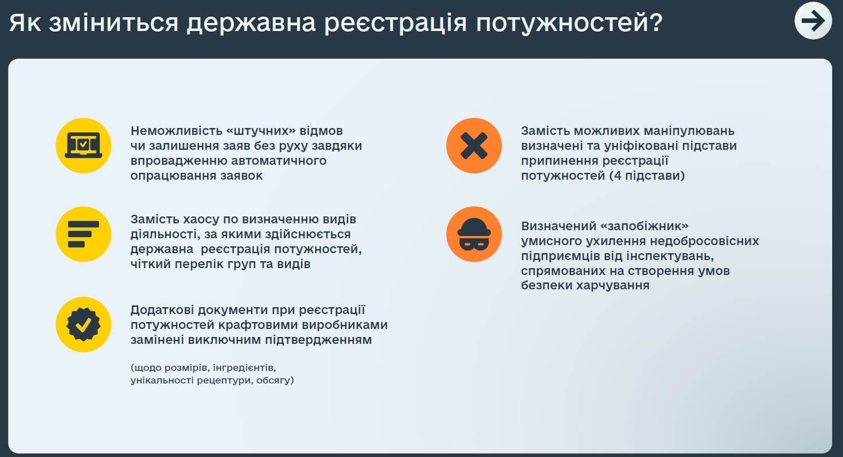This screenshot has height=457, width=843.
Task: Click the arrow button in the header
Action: click(813, 20)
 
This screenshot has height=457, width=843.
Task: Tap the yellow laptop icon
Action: click(83, 145)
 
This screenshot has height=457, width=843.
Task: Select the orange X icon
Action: click(474, 145)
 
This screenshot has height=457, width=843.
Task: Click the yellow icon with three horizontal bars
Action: click(83, 234)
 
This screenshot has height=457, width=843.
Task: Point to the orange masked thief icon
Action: click(474, 234)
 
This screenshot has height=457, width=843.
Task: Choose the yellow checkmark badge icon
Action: click(83, 324)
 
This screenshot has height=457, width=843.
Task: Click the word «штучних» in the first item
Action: click(261, 131)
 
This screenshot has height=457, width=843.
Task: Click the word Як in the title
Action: click(25, 22)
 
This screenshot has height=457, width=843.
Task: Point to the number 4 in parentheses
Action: click(618, 176)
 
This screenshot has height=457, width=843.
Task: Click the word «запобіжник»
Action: click(645, 226)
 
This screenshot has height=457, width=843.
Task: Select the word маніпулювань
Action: click(689, 131)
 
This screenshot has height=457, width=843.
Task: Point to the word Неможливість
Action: click(176, 131)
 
